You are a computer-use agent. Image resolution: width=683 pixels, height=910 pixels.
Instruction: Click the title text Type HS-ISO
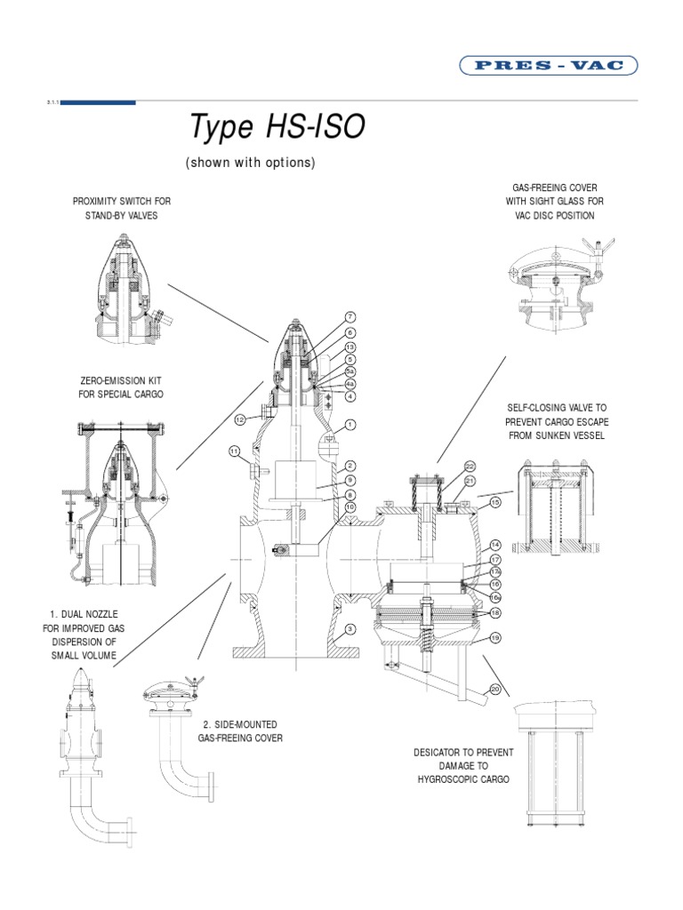tap(277, 128)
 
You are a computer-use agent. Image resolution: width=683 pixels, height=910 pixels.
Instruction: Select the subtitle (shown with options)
tap(250, 164)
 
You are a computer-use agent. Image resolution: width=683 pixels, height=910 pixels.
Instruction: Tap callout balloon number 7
tap(350, 316)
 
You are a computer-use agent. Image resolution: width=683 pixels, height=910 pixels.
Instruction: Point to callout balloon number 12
tap(240, 419)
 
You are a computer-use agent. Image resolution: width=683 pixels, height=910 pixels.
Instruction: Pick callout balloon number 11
tap(235, 451)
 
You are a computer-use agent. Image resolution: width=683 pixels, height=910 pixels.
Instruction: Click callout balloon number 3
tap(350, 629)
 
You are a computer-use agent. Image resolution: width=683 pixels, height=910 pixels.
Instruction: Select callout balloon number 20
tap(495, 690)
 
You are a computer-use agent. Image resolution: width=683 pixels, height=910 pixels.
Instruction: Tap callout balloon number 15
tap(496, 502)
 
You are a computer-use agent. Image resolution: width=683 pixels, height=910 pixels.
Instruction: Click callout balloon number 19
tap(496, 638)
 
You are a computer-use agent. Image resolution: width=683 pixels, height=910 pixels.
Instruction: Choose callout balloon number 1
tap(350, 425)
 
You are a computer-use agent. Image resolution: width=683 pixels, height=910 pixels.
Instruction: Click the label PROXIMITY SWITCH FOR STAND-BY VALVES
tap(122, 209)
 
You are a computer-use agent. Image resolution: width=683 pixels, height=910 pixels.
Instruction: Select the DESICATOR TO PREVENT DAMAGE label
tap(463, 765)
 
